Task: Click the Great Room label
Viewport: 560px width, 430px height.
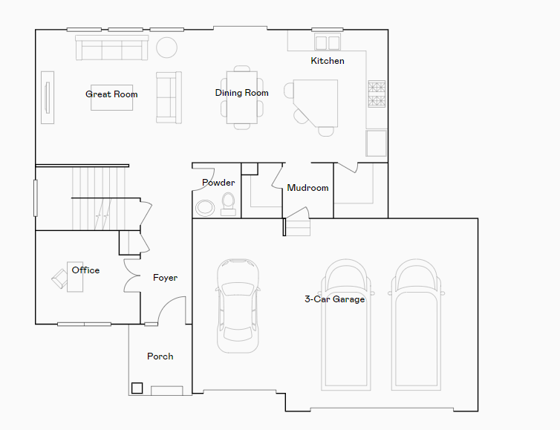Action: click(x=111, y=94)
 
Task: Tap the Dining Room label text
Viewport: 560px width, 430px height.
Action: click(x=241, y=93)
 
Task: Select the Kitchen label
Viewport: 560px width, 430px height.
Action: click(x=328, y=61)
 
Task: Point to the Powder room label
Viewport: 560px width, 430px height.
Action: click(x=218, y=183)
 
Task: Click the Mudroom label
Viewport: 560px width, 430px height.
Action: click(x=307, y=188)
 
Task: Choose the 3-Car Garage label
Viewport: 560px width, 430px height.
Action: click(x=334, y=299)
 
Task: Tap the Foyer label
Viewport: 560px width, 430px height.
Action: click(x=165, y=278)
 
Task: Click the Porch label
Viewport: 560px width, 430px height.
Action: click(x=160, y=356)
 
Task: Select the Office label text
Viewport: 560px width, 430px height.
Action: click(x=85, y=270)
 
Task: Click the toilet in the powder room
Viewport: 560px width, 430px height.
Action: click(x=228, y=204)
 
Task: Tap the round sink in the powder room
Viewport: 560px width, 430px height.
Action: click(x=203, y=208)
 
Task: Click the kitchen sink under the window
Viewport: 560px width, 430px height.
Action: click(x=327, y=42)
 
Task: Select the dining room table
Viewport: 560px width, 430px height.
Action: click(x=242, y=97)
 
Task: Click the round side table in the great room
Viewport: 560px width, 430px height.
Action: click(x=166, y=48)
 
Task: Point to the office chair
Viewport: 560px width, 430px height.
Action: click(x=59, y=278)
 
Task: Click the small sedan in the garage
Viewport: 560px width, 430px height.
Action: click(x=238, y=304)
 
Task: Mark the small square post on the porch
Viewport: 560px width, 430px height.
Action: click(x=137, y=388)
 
